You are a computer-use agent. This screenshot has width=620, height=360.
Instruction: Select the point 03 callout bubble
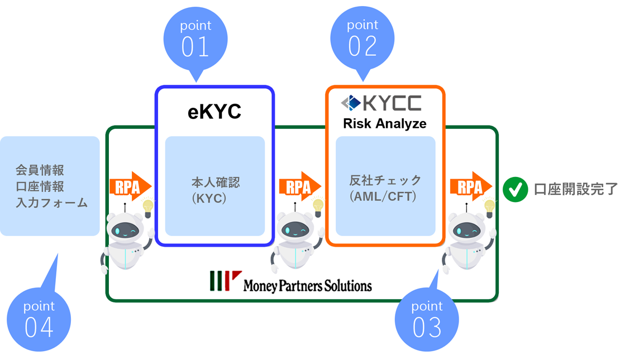tap(427, 320)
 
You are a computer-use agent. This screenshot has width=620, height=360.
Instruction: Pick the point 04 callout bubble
tap(39, 319)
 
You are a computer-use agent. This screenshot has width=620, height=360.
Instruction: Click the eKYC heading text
tap(214, 111)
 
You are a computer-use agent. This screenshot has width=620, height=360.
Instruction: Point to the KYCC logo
tap(381, 103)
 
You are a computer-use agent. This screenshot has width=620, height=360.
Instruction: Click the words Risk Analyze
tap(384, 123)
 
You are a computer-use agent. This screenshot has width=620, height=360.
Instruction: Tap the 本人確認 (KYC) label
tap(215, 190)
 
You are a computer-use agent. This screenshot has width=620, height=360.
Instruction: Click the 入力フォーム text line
tap(51, 202)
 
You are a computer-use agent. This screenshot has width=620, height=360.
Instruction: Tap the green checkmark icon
tap(514, 190)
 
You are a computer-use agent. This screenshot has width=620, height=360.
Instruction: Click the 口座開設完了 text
tap(575, 190)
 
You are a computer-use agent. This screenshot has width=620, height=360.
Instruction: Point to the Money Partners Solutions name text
tap(307, 286)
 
